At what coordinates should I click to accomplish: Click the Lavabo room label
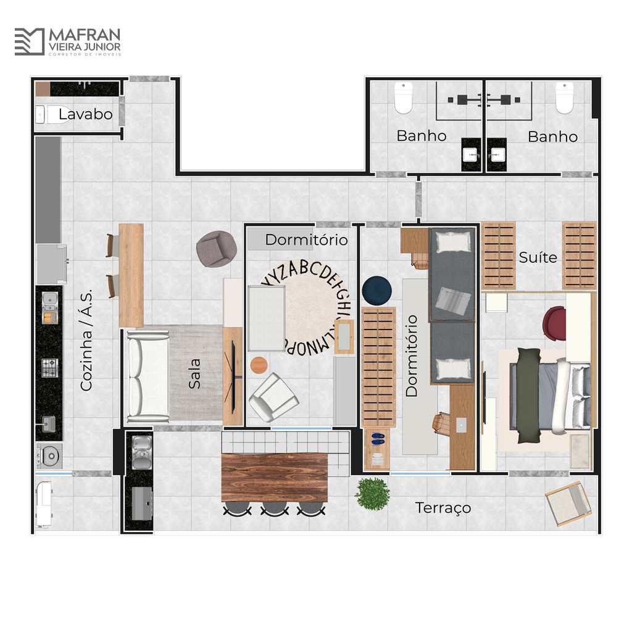[85, 114]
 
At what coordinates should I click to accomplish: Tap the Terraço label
[443, 508]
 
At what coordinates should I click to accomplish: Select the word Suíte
[538, 257]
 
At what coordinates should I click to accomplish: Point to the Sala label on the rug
[194, 373]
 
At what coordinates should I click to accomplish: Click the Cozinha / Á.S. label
[86, 339]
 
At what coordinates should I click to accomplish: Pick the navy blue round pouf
[377, 290]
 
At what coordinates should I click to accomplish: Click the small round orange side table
[259, 365]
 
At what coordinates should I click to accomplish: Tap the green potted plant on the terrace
[372, 493]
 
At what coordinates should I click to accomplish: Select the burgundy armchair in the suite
[554, 323]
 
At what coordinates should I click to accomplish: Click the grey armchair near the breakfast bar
[217, 249]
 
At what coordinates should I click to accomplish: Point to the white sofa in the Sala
[148, 376]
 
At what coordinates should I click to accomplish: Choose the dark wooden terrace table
[275, 478]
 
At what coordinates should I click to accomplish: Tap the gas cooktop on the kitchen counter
[50, 368]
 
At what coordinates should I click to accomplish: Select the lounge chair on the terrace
[569, 504]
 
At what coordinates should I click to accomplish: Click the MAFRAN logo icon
[30, 41]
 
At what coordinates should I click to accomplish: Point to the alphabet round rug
[306, 309]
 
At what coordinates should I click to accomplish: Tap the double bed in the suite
[550, 396]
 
